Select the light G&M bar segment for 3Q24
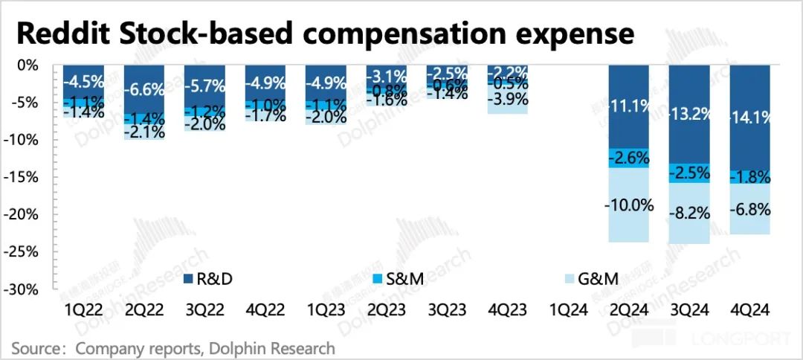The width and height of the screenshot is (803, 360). pos(689,223)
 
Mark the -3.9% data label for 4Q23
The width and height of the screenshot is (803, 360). pos(507,98)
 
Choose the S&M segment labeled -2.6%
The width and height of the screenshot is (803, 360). pos(628,158)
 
